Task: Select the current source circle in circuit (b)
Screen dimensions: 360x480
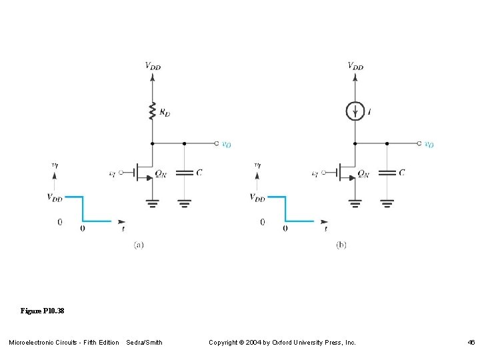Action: click(355, 111)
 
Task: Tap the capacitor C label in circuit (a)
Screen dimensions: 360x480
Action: click(199, 172)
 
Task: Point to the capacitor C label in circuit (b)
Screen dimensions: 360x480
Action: click(401, 172)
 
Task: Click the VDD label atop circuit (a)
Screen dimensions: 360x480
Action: click(153, 66)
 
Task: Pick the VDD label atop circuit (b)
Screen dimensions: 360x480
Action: click(355, 66)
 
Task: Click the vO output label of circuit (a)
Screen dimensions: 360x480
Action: click(227, 144)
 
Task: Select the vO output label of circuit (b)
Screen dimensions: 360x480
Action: click(429, 144)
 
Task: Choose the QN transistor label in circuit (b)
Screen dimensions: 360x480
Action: click(363, 173)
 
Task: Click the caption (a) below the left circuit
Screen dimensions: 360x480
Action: click(139, 245)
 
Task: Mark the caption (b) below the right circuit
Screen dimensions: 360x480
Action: click(341, 245)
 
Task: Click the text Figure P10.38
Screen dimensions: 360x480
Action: click(42, 311)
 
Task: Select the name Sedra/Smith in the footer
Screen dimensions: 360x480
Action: click(144, 343)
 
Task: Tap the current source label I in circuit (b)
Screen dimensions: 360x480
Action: click(370, 111)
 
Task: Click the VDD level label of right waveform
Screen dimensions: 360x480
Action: click(257, 197)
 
